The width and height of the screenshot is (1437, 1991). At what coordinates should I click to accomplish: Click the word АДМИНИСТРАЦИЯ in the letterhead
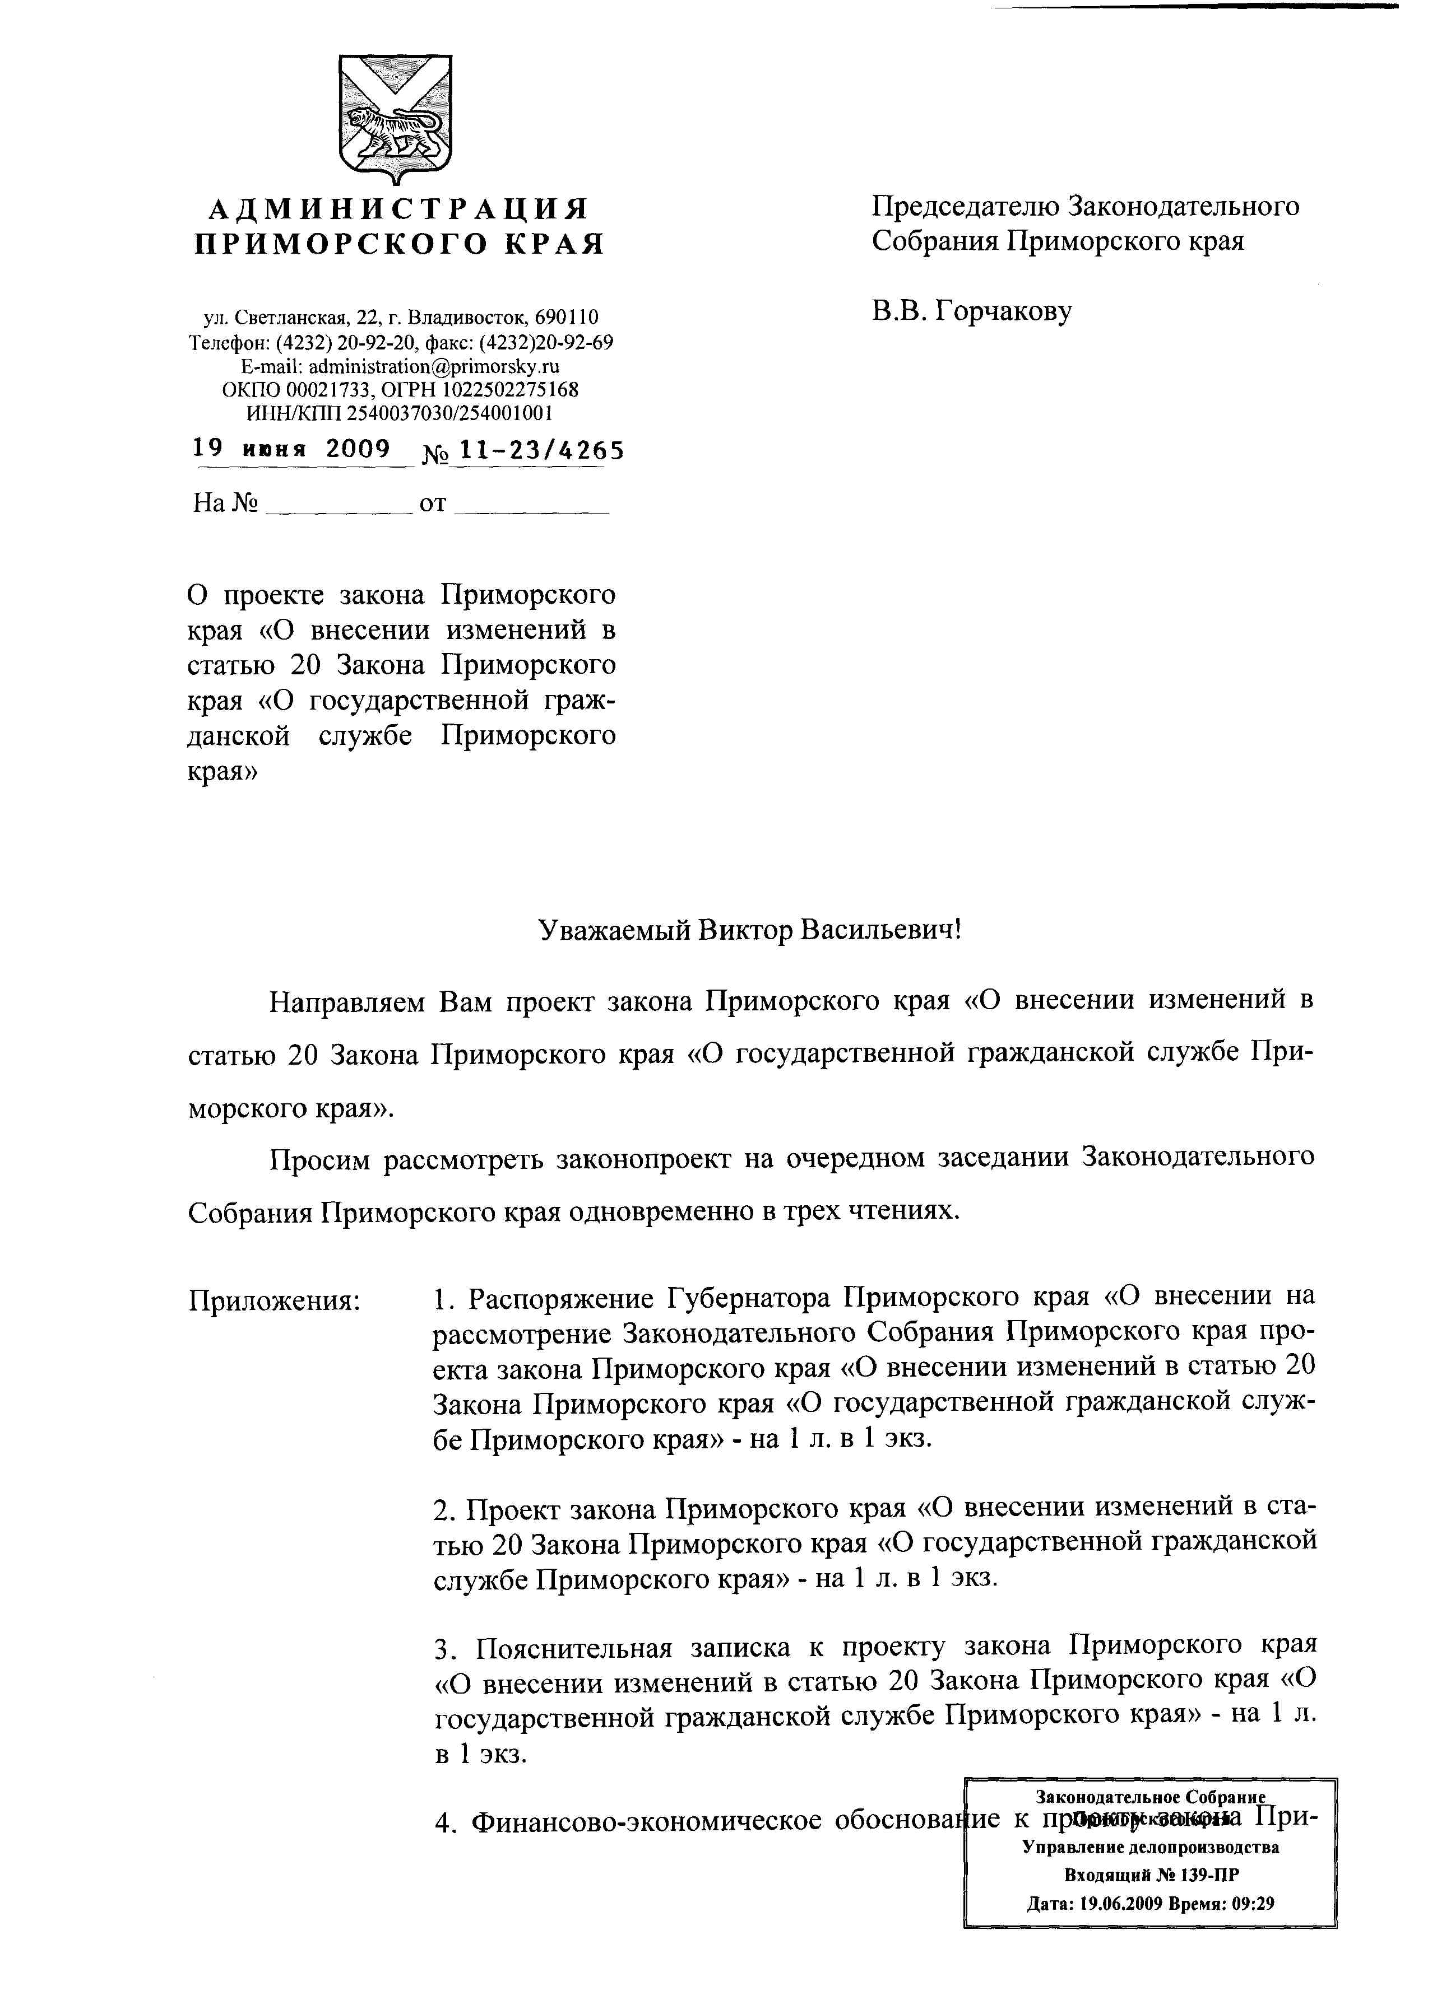pos(398,209)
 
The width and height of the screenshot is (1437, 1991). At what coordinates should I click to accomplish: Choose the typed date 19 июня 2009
pos(291,450)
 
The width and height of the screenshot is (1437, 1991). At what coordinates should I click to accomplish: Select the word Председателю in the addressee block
pos(965,206)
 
